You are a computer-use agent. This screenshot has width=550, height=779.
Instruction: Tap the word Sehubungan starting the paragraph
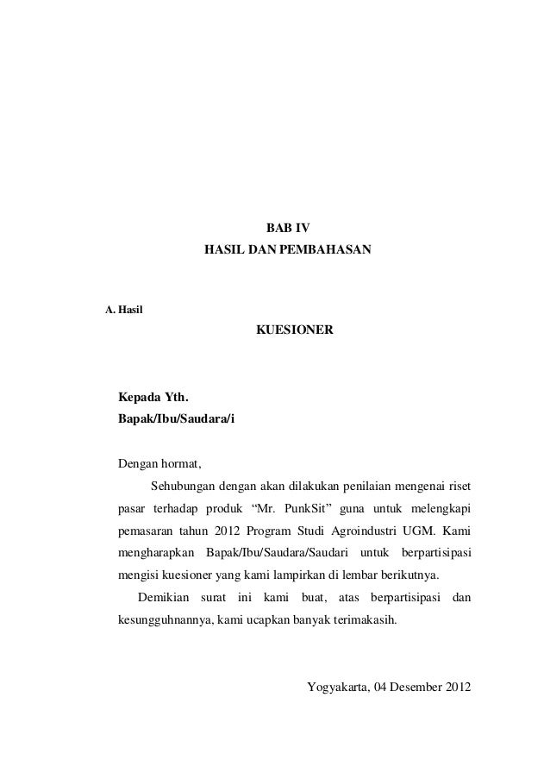point(181,483)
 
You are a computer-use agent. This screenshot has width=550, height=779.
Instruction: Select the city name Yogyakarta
point(337,687)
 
